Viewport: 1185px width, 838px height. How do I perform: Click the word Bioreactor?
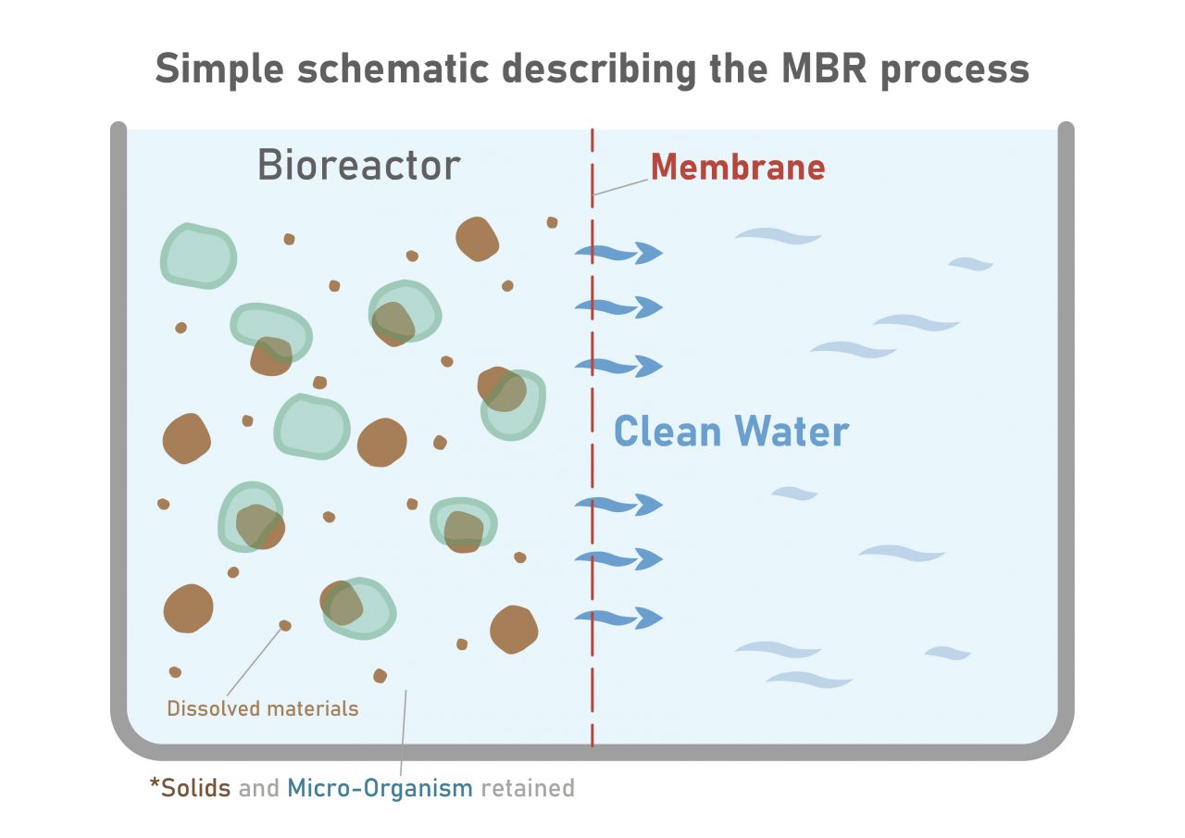click(x=358, y=166)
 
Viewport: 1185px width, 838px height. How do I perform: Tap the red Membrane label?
click(x=737, y=168)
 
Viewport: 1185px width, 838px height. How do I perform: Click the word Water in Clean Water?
click(x=792, y=432)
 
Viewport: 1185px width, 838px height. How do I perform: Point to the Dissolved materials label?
click(x=262, y=709)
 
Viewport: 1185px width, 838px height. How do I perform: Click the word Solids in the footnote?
click(x=195, y=788)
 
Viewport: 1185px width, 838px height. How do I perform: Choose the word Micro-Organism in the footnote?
click(x=380, y=788)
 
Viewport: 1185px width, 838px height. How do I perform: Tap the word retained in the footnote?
click(x=528, y=788)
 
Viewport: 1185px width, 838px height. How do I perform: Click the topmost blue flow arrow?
click(x=618, y=252)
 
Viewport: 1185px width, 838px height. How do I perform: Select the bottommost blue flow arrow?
click(x=618, y=617)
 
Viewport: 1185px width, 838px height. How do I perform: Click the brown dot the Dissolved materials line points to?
click(x=285, y=626)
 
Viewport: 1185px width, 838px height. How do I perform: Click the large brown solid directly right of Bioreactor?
click(x=478, y=239)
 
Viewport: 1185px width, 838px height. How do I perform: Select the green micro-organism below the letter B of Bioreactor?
click(x=199, y=256)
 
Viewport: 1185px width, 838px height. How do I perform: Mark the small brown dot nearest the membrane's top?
click(x=553, y=222)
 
